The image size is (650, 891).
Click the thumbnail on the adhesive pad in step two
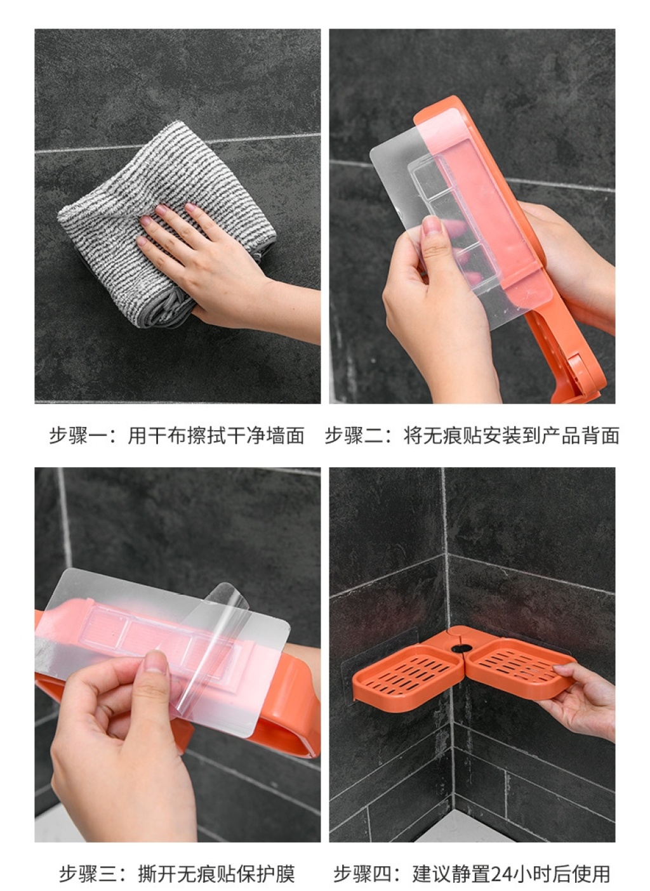coord(432,225)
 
